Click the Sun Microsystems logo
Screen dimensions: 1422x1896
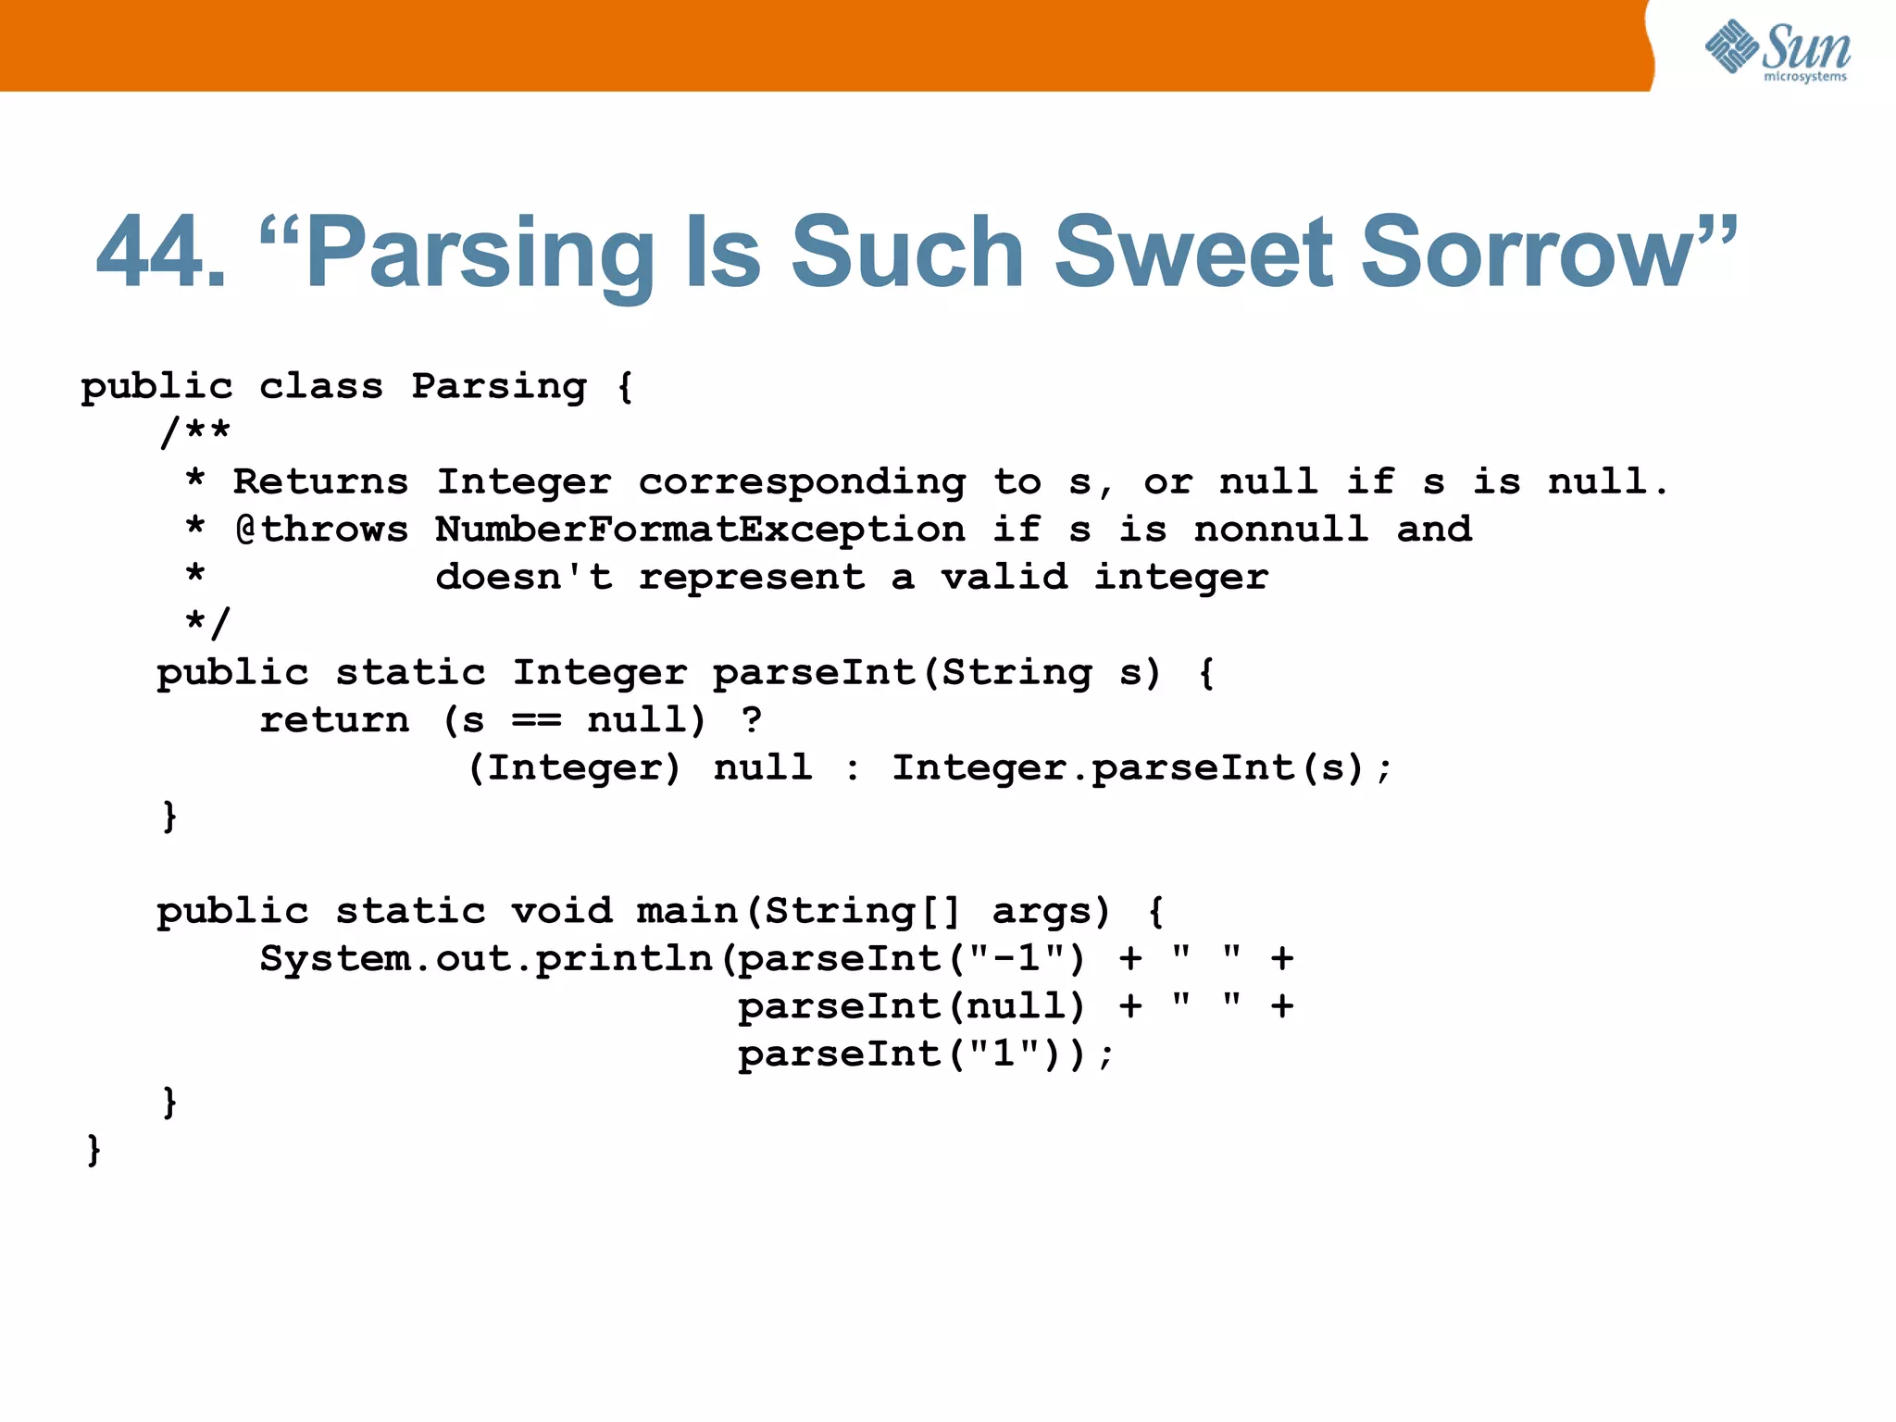click(x=1777, y=50)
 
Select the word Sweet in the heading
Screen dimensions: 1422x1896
click(x=1193, y=253)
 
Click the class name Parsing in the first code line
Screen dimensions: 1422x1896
click(x=499, y=387)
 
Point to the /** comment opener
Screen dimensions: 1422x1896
click(x=195, y=432)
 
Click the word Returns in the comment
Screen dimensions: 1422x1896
click(x=320, y=482)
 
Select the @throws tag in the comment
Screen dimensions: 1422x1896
click(x=321, y=530)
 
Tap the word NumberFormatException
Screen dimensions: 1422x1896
click(x=700, y=530)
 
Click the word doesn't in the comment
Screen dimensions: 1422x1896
click(x=524, y=578)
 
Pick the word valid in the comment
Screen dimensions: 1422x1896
click(x=1004, y=578)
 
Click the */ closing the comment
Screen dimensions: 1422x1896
click(x=207, y=622)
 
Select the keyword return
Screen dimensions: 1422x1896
click(x=333, y=720)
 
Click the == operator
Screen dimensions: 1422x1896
click(x=536, y=721)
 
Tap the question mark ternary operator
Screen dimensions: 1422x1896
click(x=752, y=720)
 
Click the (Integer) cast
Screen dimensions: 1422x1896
click(x=574, y=768)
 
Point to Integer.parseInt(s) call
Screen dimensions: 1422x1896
click(x=1141, y=768)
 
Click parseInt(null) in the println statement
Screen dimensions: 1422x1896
click(x=911, y=1006)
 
